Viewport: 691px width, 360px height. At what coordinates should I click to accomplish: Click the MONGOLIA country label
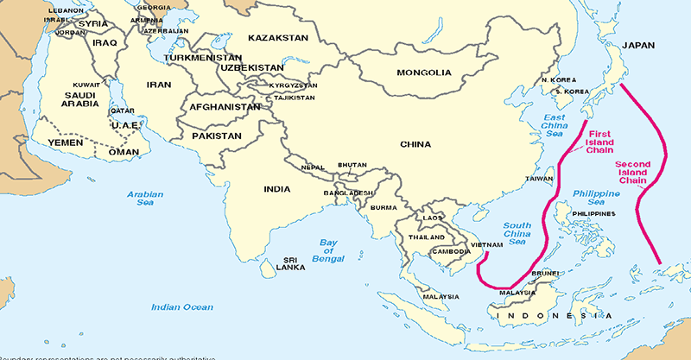(425, 73)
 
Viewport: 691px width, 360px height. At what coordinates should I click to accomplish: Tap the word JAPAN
(638, 45)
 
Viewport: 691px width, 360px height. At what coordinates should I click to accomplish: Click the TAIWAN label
(540, 179)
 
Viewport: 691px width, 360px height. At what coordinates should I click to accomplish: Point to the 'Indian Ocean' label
(181, 306)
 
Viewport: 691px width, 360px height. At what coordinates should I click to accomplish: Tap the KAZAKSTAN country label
(277, 38)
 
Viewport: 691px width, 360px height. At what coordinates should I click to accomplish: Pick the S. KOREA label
(569, 91)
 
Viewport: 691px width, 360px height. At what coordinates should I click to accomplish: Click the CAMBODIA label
(451, 251)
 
